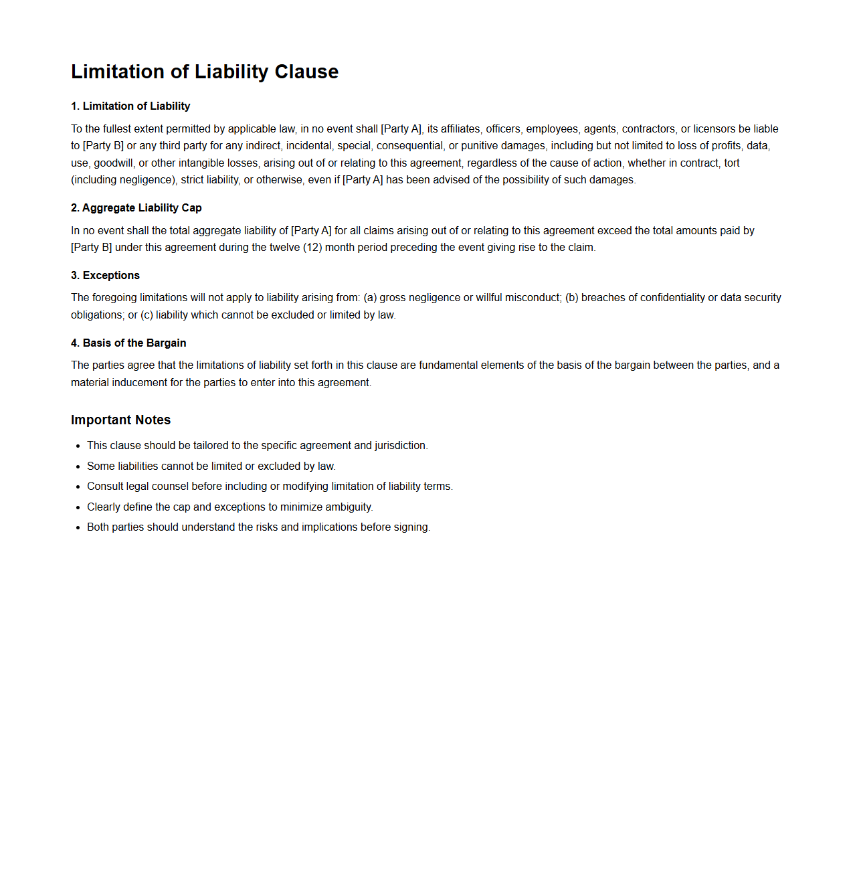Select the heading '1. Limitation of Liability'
click(x=130, y=106)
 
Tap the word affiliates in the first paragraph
click(x=460, y=128)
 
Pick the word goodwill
click(x=113, y=163)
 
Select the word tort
click(x=731, y=163)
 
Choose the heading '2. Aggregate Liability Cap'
click(x=136, y=207)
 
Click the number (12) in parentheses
click(x=312, y=247)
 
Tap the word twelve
click(x=284, y=247)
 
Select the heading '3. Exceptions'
click(x=105, y=275)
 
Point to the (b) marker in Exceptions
click(x=571, y=297)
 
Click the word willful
click(x=489, y=297)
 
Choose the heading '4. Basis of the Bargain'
click(x=128, y=343)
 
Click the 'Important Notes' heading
click(x=120, y=420)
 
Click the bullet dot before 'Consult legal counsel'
click(x=78, y=487)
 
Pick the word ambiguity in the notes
click(x=348, y=507)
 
